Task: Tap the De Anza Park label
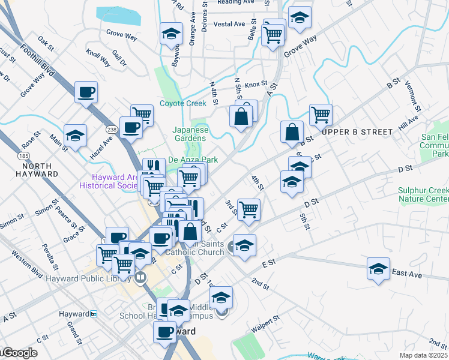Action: [x=192, y=160]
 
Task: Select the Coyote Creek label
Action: [x=182, y=103]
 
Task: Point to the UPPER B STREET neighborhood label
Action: [x=357, y=131]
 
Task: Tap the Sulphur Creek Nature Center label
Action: [x=424, y=195]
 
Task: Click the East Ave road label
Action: [x=406, y=274]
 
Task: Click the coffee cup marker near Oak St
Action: [x=86, y=92]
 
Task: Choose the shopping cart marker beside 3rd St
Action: [x=249, y=209]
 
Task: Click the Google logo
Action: [x=19, y=353]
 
